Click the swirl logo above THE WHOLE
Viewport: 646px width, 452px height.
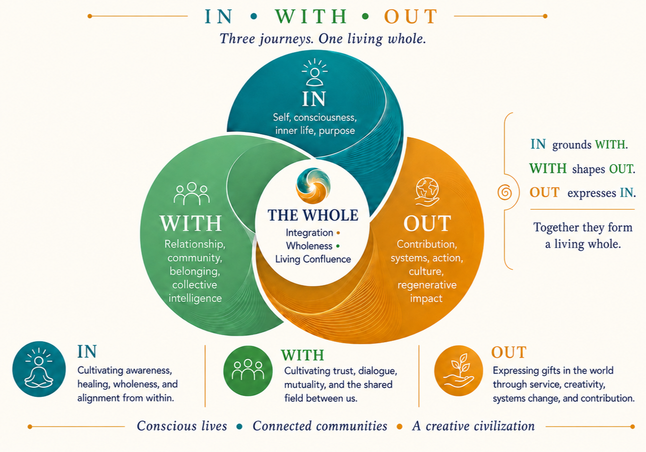click(x=313, y=185)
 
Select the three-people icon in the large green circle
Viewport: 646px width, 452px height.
click(x=191, y=193)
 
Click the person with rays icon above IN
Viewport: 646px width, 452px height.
click(x=314, y=72)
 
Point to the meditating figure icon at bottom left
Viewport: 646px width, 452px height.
click(x=39, y=369)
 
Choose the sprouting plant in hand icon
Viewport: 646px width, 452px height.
click(x=458, y=370)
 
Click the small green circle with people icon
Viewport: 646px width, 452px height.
click(x=248, y=371)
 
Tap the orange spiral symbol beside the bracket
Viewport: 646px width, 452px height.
click(x=505, y=192)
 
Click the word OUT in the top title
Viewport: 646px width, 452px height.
click(x=411, y=17)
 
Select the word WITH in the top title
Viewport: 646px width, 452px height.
click(x=311, y=17)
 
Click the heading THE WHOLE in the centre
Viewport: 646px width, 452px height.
click(x=313, y=215)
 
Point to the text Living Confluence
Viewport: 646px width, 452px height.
click(x=313, y=259)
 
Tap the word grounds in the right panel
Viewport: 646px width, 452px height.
click(x=572, y=145)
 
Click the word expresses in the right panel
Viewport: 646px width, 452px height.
click(x=592, y=193)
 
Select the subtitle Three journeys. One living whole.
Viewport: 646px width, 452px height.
click(x=323, y=39)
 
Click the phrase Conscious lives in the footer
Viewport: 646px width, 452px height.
click(x=181, y=426)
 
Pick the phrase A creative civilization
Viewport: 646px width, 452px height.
click(x=473, y=426)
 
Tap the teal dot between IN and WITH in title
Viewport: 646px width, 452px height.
click(x=254, y=17)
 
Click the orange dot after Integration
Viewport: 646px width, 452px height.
click(x=338, y=233)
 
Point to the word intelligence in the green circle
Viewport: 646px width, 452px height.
click(x=195, y=298)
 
